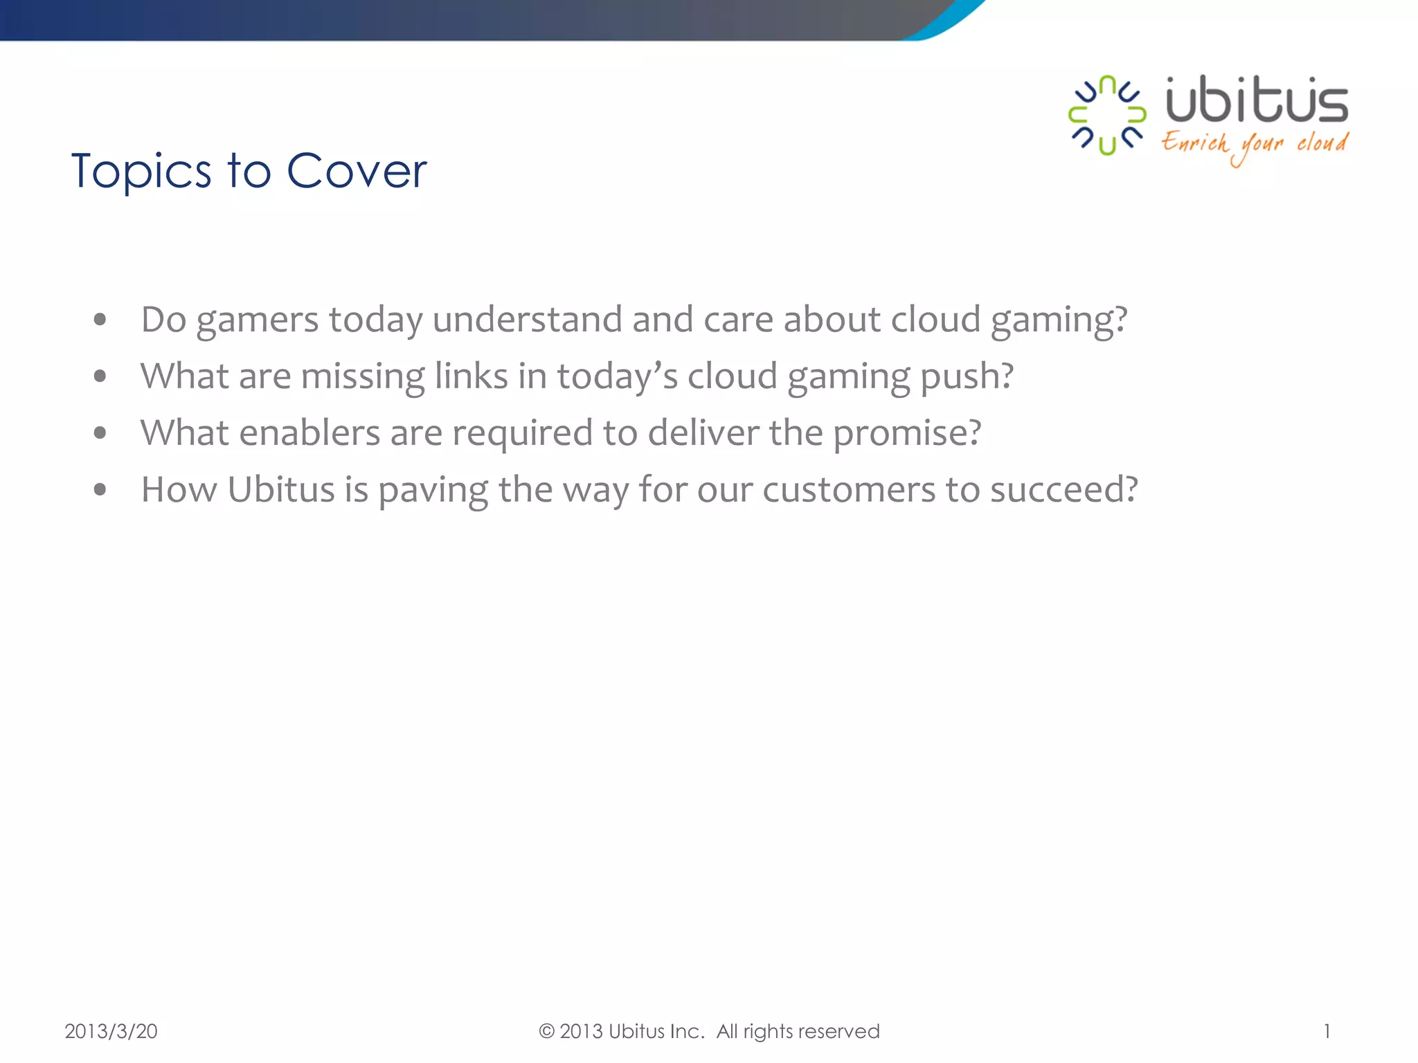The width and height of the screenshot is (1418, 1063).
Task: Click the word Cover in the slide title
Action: pyautogui.click(x=357, y=171)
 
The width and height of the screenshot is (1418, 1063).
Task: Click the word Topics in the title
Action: pyautogui.click(x=141, y=171)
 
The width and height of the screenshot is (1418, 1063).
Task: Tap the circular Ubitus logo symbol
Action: pyautogui.click(x=1106, y=115)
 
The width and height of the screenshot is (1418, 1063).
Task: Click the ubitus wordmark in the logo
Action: pyautogui.click(x=1257, y=101)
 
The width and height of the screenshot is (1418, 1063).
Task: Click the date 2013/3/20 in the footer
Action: pyautogui.click(x=111, y=1031)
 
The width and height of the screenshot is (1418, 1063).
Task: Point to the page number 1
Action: pyautogui.click(x=1327, y=1031)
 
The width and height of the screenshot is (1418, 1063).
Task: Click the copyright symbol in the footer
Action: pyautogui.click(x=547, y=1031)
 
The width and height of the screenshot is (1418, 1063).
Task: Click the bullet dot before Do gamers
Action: pyautogui.click(x=100, y=320)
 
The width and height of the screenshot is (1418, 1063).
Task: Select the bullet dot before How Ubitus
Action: pyautogui.click(x=100, y=490)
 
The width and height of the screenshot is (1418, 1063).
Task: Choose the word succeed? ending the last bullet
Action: pyautogui.click(x=1063, y=490)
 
